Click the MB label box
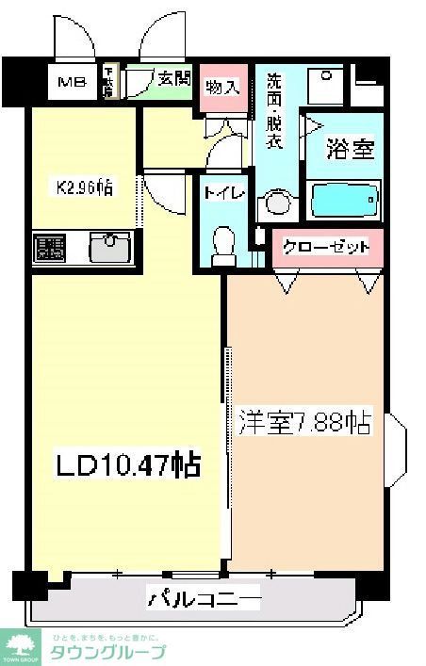tap(73, 82)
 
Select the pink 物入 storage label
tap(223, 88)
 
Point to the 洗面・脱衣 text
tap(274, 110)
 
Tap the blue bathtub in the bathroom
tap(345, 200)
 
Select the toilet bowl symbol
tap(223, 243)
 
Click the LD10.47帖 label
tap(127, 464)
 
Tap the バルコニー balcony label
tap(203, 597)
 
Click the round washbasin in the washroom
tap(275, 203)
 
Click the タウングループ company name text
tap(107, 652)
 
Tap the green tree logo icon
tap(18, 644)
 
